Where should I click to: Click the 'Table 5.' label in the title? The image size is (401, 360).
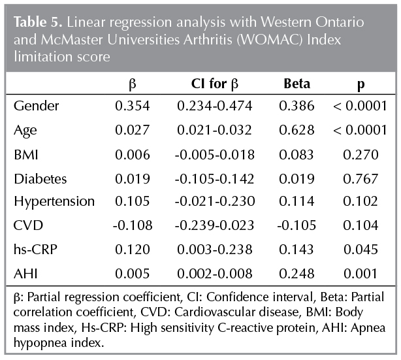pyautogui.click(x=33, y=22)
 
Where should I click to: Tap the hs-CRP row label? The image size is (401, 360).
pyautogui.click(x=34, y=249)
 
